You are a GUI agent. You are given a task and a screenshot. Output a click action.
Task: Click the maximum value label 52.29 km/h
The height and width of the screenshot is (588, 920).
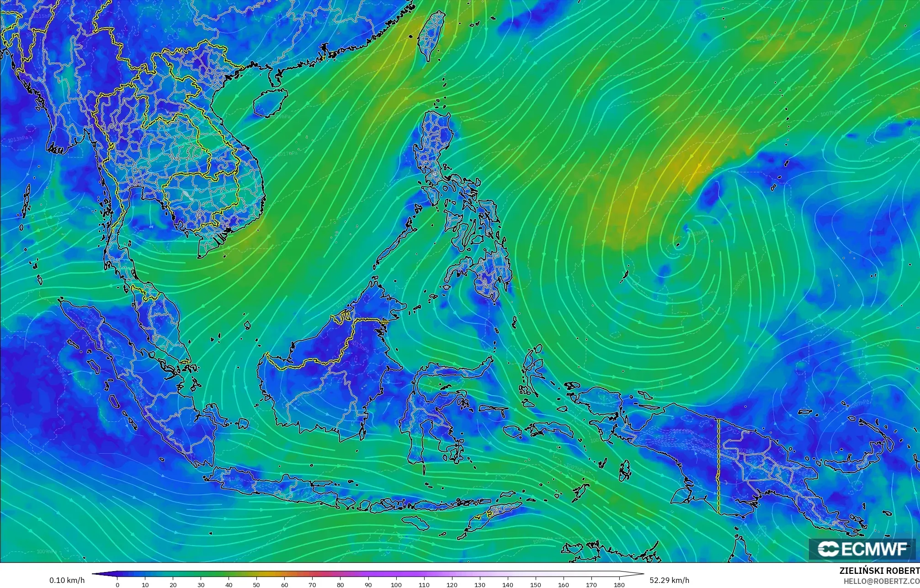pyautogui.click(x=669, y=580)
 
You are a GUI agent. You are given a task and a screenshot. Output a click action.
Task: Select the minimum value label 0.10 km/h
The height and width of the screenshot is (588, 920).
pyautogui.click(x=67, y=580)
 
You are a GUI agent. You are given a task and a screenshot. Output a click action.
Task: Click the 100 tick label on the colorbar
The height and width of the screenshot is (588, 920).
pyautogui.click(x=396, y=585)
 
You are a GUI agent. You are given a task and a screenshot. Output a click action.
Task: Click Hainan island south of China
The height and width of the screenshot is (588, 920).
pyautogui.click(x=270, y=102)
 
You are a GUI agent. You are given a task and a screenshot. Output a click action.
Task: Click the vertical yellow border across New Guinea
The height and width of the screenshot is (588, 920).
pyautogui.click(x=718, y=466)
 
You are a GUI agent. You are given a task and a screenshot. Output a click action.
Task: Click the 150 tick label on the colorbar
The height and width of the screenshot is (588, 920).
pyautogui.click(x=535, y=585)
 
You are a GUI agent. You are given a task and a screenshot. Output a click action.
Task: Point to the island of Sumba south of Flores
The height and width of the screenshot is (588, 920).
pyautogui.click(x=414, y=521)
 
